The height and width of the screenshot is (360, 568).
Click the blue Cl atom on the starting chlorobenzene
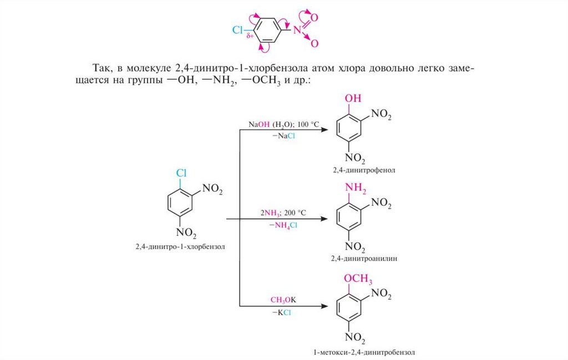(181, 173)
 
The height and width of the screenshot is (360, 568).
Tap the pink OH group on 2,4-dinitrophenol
(353, 99)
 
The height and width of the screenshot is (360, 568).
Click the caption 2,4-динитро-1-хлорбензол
(181, 246)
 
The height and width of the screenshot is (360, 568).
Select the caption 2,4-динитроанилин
(364, 259)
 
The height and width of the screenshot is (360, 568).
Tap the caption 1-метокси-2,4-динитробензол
(364, 352)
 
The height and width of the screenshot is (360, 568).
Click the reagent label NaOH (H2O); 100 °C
(284, 125)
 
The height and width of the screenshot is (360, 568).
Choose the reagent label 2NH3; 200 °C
(283, 212)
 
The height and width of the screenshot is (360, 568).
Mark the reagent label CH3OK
(283, 300)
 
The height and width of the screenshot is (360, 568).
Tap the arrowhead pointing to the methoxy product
(324, 306)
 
